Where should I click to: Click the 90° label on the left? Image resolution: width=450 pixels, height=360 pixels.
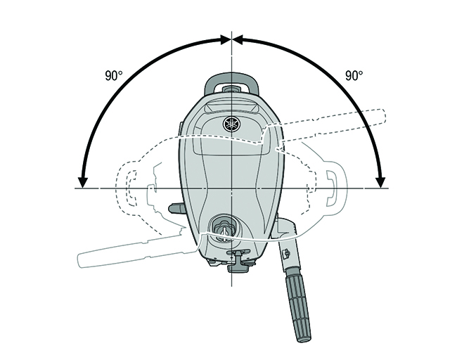[114, 76]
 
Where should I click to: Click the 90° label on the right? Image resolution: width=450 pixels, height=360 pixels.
[354, 76]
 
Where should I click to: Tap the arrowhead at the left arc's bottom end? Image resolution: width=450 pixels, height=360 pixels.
[83, 183]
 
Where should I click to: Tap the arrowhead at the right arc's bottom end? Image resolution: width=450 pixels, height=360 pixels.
[380, 183]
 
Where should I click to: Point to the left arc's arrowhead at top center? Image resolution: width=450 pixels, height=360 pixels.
[226, 39]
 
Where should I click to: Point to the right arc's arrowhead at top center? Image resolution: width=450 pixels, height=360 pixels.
[238, 39]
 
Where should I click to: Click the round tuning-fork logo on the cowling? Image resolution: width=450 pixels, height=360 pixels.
[231, 124]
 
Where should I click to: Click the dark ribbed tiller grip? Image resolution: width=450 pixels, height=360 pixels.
[298, 305]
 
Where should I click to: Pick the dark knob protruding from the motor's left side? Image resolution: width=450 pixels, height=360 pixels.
[176, 208]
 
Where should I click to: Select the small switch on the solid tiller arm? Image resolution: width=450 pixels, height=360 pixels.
[286, 254]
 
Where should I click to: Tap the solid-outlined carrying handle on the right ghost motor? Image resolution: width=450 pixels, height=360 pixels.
[336, 188]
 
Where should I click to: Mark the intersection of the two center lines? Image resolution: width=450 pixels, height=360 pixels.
[231, 188]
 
